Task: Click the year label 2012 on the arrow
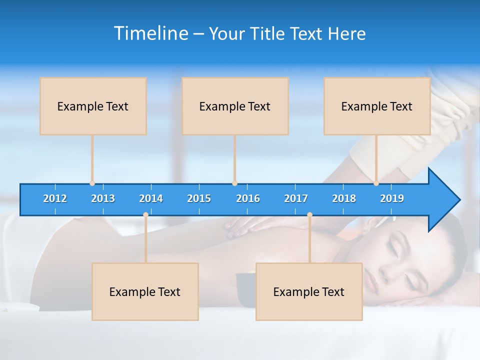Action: (55, 198)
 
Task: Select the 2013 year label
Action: (103, 198)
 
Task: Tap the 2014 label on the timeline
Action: (151, 198)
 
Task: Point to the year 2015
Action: (199, 198)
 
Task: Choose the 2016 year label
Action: (248, 198)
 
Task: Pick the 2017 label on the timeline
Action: (296, 198)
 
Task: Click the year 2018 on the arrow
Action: (344, 198)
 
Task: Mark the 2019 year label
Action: (392, 198)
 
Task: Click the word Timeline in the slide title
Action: (151, 33)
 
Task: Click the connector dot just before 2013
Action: (92, 183)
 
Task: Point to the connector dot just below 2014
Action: (145, 215)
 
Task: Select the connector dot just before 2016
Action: (234, 183)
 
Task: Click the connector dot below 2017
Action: (309, 215)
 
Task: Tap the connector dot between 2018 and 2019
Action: (376, 183)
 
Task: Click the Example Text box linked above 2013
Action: (93, 106)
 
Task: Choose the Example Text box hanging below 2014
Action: (145, 291)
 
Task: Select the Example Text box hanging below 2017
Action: (309, 291)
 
